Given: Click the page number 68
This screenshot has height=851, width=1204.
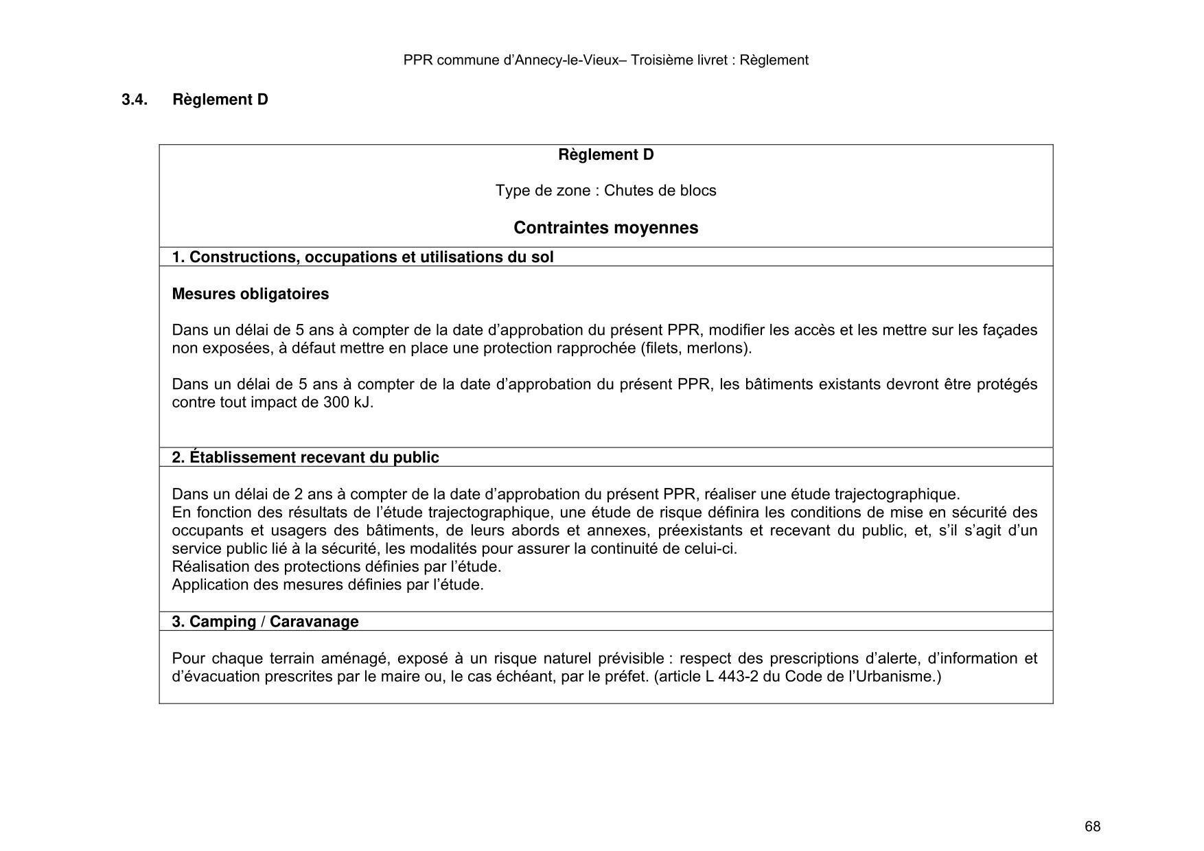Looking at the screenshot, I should [x=1092, y=827].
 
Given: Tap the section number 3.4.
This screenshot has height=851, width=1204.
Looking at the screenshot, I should [x=135, y=100].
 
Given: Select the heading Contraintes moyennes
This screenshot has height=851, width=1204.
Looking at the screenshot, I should [x=605, y=228].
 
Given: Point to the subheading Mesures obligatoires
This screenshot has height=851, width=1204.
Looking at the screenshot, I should [x=250, y=294].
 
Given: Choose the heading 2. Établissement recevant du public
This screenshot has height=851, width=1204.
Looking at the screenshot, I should [x=305, y=458].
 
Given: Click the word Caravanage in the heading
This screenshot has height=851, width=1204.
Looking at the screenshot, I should [x=314, y=622].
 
